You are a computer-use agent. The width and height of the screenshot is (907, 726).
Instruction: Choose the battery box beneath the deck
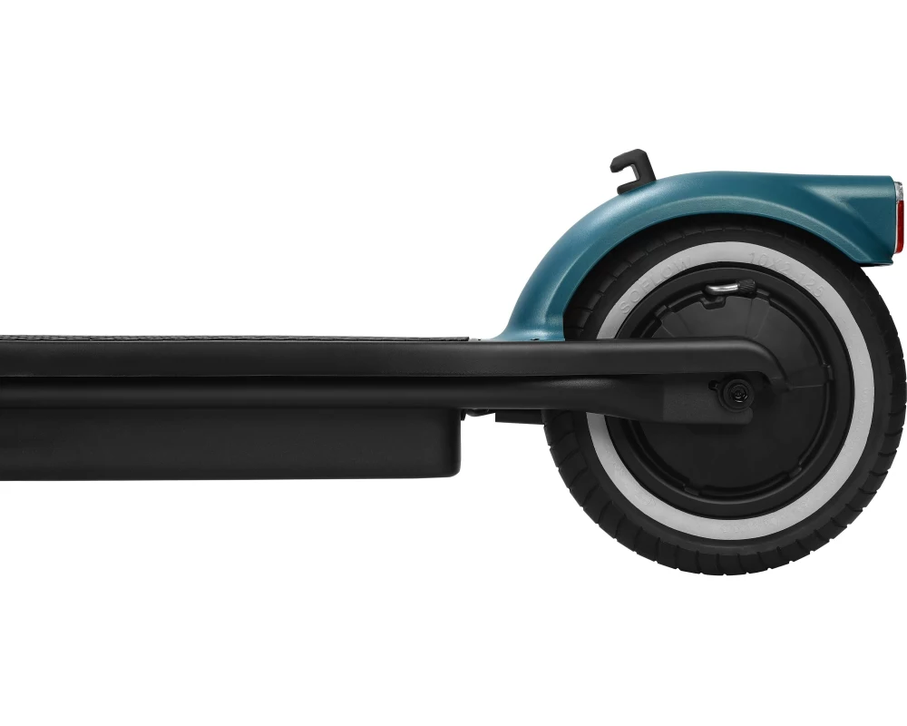tap(227, 445)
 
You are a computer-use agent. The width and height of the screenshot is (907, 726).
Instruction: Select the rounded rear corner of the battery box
tap(453, 467)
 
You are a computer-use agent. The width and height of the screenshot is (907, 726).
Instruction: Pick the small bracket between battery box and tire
tap(508, 418)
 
